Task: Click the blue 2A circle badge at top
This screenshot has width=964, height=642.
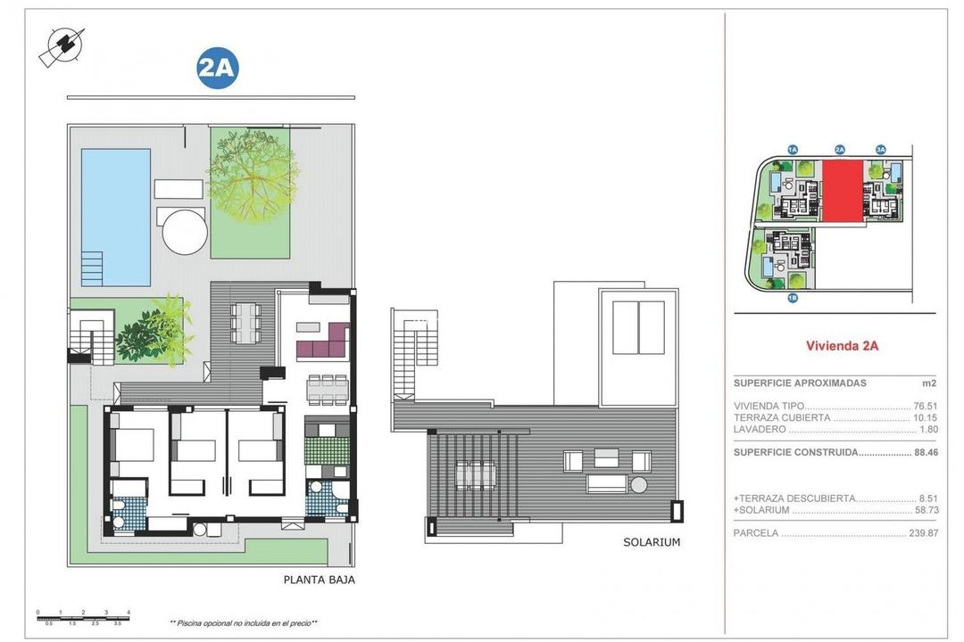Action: pyautogui.click(x=218, y=70)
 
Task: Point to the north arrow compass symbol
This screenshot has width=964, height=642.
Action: pyautogui.click(x=62, y=47)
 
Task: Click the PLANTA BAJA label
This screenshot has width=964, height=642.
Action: pyautogui.click(x=319, y=580)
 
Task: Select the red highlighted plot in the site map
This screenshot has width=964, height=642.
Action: pyautogui.click(x=843, y=191)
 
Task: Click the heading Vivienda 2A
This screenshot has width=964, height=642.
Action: pyautogui.click(x=842, y=346)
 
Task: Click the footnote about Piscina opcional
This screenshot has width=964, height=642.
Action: pyautogui.click(x=244, y=623)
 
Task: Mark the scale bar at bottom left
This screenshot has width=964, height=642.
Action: pyautogui.click(x=84, y=616)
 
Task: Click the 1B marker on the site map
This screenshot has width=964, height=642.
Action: pyautogui.click(x=792, y=298)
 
